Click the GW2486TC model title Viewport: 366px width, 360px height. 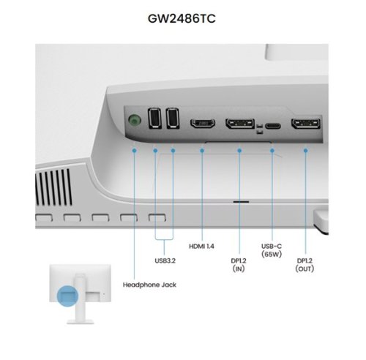click(x=182, y=18)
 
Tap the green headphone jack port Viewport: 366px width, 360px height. click(x=135, y=120)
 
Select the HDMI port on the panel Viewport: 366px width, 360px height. click(x=203, y=124)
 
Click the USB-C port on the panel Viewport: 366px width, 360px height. click(x=273, y=126)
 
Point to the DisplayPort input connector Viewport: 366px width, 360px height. click(x=240, y=124)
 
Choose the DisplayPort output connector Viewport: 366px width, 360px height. click(x=306, y=124)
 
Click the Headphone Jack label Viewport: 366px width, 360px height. click(x=149, y=285)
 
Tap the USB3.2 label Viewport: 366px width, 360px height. click(x=165, y=260)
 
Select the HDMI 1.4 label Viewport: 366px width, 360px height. click(x=201, y=246)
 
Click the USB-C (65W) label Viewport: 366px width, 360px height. click(x=272, y=250)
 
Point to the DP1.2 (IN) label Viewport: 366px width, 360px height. click(x=239, y=265)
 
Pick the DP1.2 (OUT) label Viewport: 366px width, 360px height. click(x=305, y=265)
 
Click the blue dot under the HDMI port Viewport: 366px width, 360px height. click(x=202, y=151)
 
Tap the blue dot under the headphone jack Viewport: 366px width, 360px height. click(x=134, y=151)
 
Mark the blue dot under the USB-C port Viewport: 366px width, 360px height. click(x=272, y=151)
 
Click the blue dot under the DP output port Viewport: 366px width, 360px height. click(x=306, y=151)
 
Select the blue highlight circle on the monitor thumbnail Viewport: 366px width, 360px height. click(x=67, y=296)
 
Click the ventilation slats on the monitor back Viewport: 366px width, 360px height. click(x=54, y=187)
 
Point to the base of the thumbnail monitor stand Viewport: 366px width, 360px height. click(x=81, y=322)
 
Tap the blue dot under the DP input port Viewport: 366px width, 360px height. click(x=239, y=151)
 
